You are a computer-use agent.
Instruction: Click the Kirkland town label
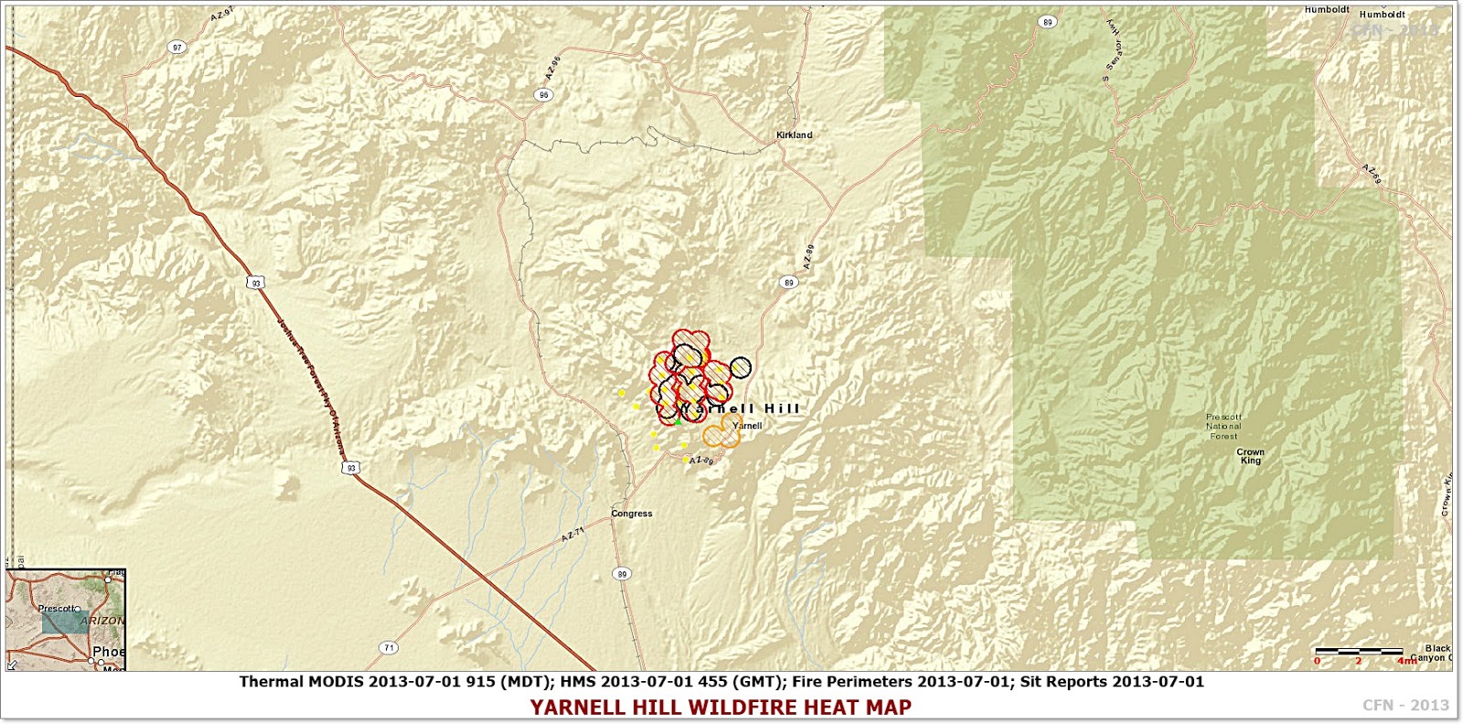click(794, 135)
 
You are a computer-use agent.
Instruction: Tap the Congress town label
click(632, 514)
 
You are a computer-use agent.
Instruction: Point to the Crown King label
click(1250, 456)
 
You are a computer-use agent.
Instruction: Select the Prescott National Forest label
click(1223, 426)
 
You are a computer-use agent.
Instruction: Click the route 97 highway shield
click(177, 48)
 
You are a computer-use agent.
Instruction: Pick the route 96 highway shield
click(544, 95)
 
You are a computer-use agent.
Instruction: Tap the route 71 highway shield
click(389, 648)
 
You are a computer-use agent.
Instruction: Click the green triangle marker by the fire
click(678, 421)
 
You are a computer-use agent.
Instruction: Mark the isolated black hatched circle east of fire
click(740, 367)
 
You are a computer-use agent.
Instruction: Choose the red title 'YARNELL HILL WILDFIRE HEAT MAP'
click(721, 708)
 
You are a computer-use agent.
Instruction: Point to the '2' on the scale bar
click(1359, 660)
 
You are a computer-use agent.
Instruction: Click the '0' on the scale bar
click(1318, 660)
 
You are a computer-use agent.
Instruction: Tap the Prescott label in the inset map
click(56, 608)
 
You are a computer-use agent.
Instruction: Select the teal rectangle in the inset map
click(65, 623)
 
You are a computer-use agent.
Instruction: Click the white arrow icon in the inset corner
click(12, 665)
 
